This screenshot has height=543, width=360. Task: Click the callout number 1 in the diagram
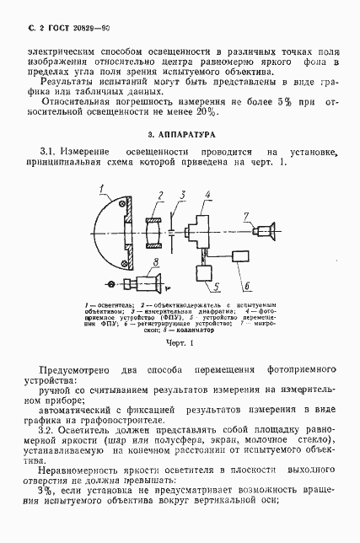pos(100,188)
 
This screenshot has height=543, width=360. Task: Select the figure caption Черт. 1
pos(180,344)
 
